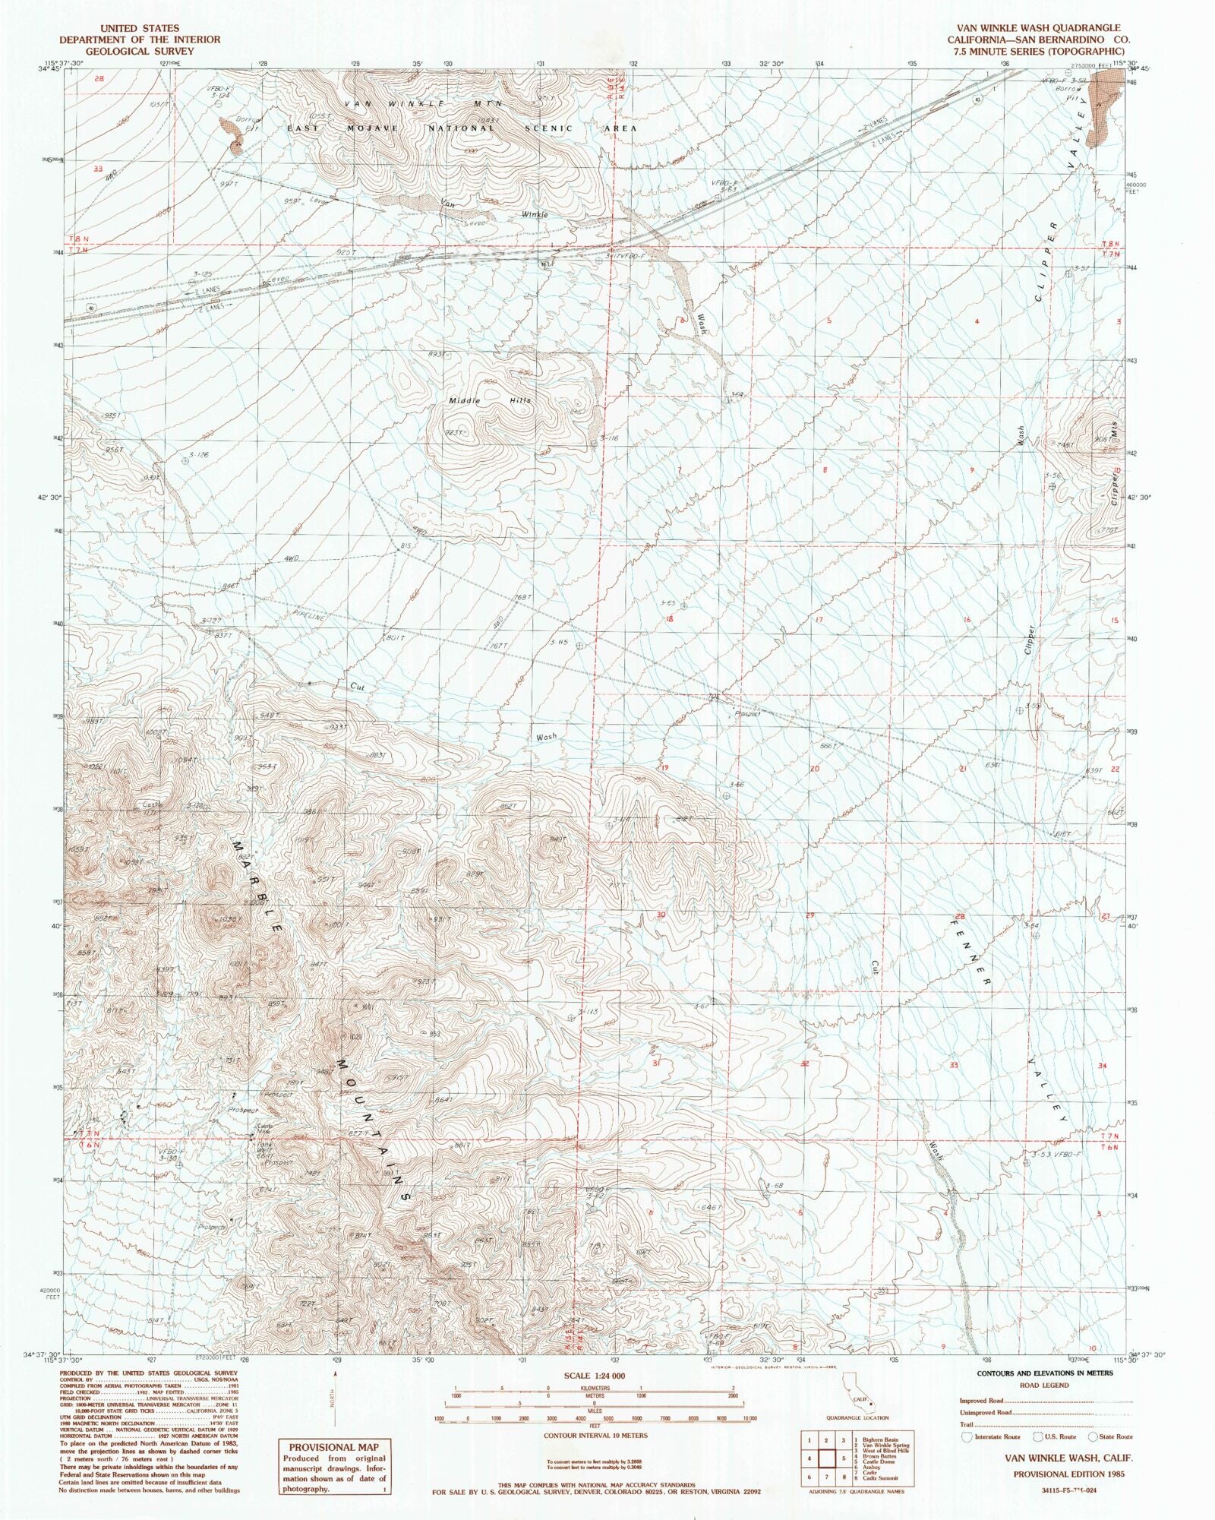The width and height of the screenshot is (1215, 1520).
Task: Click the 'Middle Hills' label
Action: pyautogui.click(x=490, y=400)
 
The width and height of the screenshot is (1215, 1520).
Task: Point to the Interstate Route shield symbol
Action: pyautogui.click(x=966, y=1436)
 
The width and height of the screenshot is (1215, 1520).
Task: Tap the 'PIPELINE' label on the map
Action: pyautogui.click(x=310, y=617)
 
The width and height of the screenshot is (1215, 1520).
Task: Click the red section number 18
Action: pyautogui.click(x=669, y=618)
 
